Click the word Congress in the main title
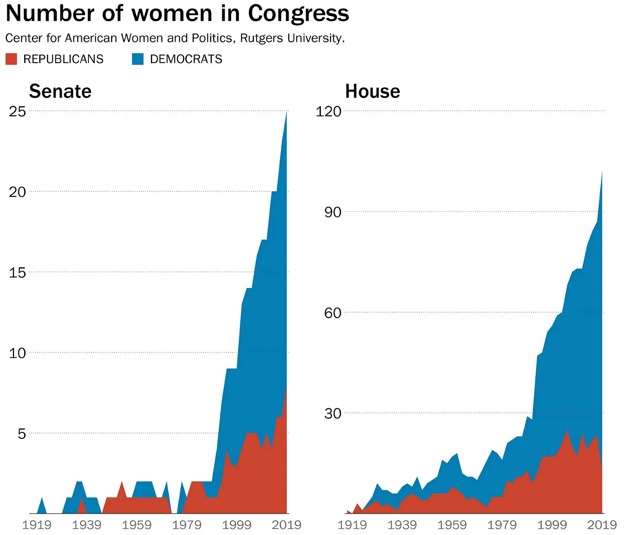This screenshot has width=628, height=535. click(x=298, y=13)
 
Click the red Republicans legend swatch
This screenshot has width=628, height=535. click(x=11, y=59)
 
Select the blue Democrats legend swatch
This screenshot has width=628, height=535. click(x=138, y=59)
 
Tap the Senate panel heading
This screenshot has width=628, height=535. click(x=60, y=92)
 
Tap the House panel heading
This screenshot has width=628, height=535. click(x=372, y=92)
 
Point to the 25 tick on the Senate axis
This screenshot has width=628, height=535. click(x=17, y=111)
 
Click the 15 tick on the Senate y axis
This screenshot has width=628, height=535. click(x=17, y=272)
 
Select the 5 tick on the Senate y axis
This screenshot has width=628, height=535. click(x=22, y=434)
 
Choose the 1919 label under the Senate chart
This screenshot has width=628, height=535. click(x=37, y=525)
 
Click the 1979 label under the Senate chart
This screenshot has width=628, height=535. click(x=186, y=525)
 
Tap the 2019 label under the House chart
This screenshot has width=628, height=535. click(x=602, y=525)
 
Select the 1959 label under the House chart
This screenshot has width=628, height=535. click(x=452, y=525)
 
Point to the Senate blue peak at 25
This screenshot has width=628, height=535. click(x=286, y=113)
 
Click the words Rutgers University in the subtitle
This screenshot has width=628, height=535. click(x=292, y=38)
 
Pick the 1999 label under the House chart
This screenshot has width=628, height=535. click(x=552, y=525)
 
